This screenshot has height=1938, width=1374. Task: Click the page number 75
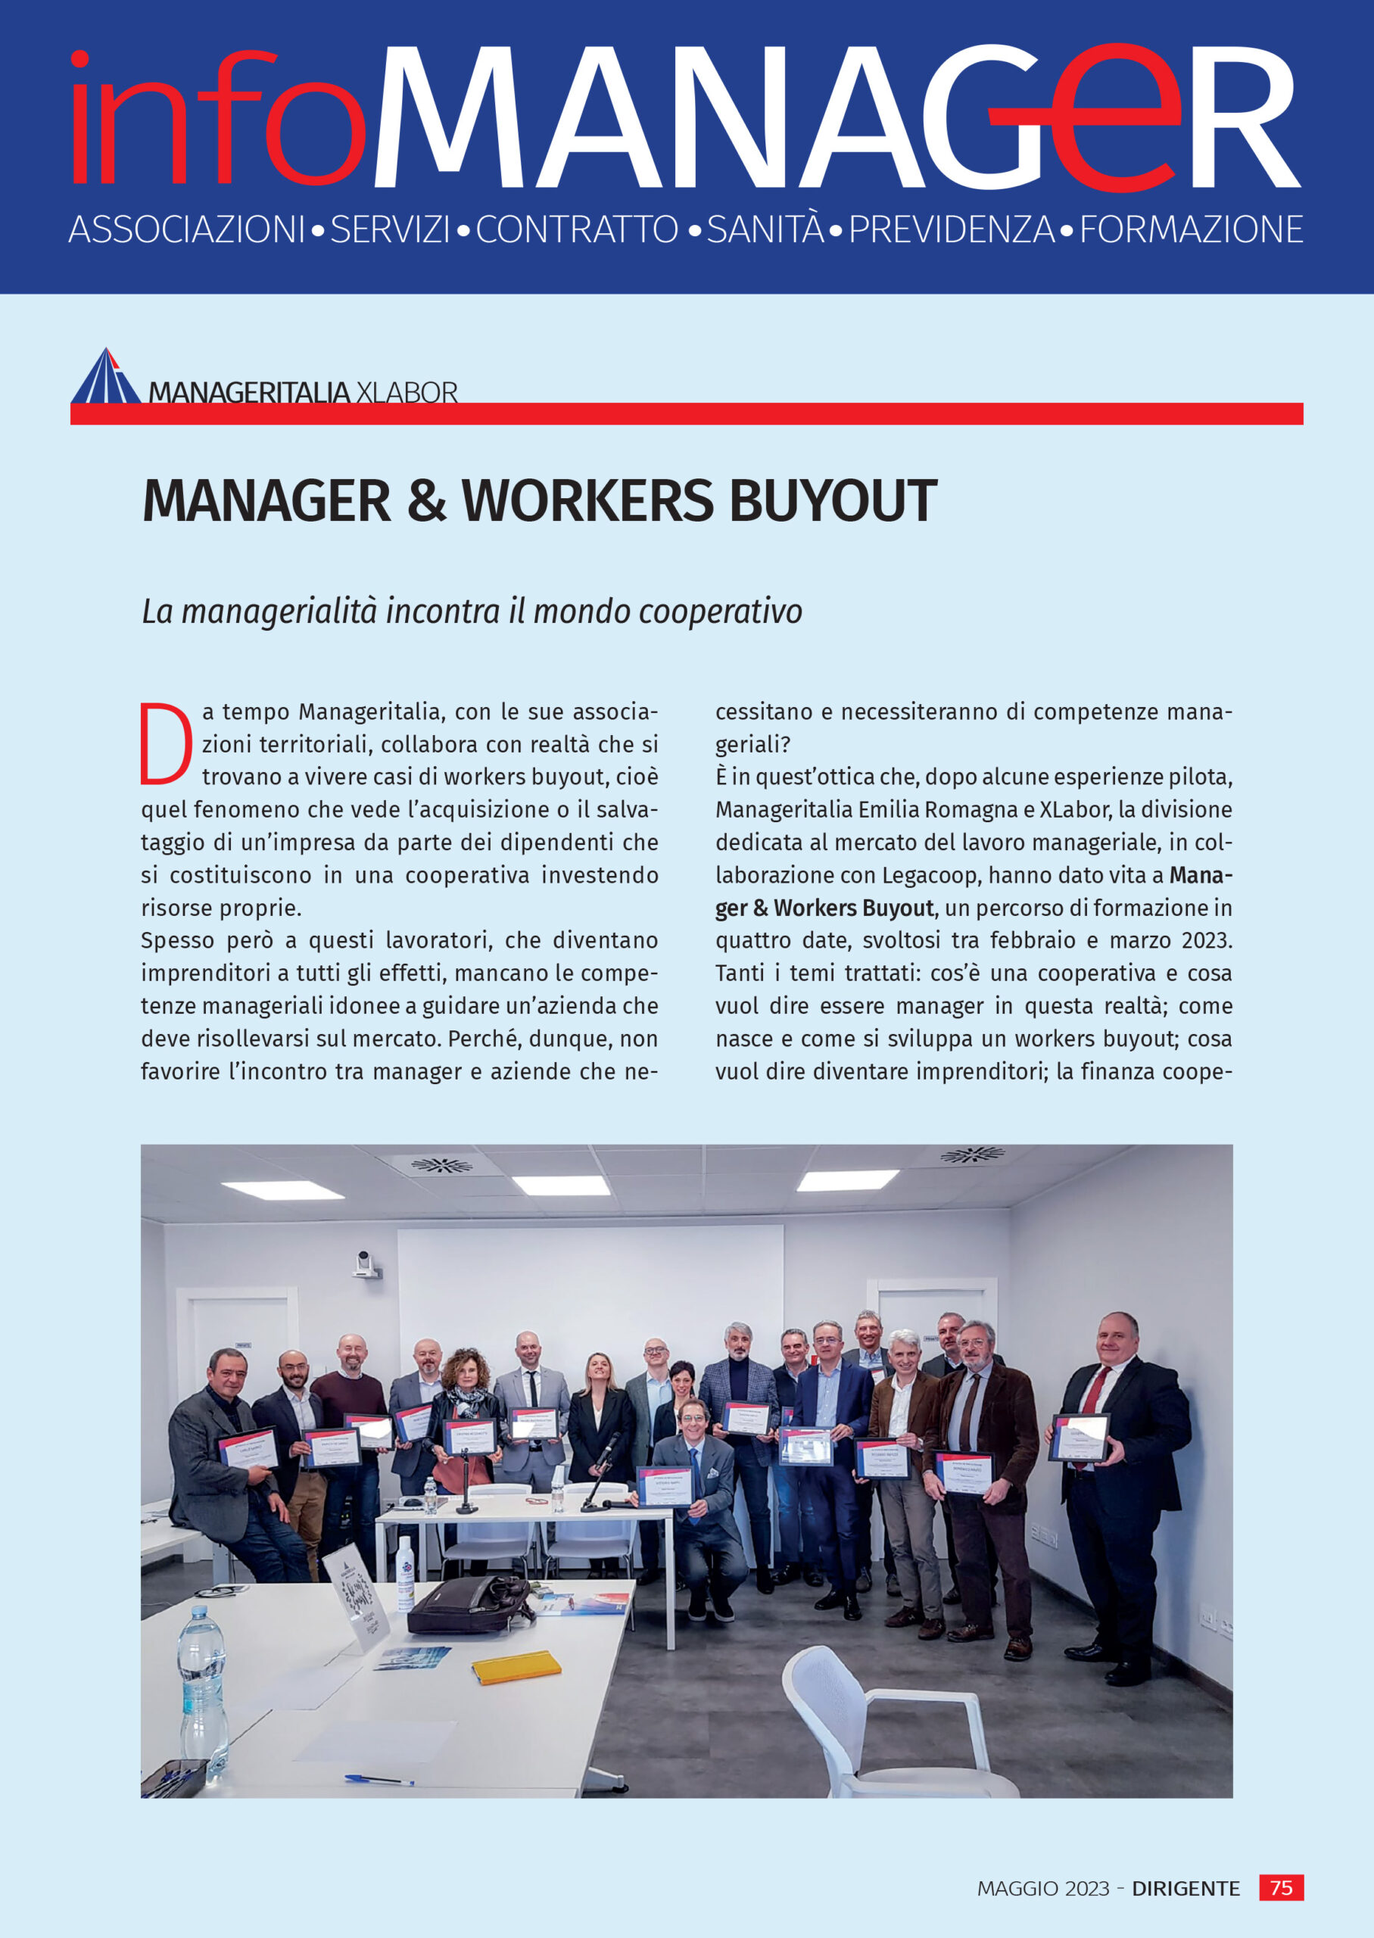[1281, 1887]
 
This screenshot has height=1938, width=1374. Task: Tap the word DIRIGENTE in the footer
[1186, 1888]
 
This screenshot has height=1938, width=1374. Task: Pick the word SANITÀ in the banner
[765, 229]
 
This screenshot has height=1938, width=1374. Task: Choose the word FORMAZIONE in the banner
[1190, 229]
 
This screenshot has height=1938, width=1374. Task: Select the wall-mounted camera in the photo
[366, 1266]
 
